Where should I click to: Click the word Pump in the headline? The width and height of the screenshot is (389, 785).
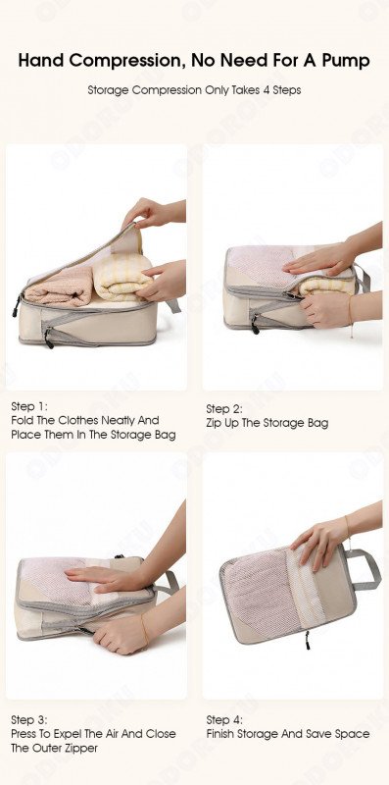tap(345, 61)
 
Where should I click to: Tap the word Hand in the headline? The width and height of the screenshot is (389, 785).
tap(41, 60)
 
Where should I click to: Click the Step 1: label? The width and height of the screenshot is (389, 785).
tap(29, 406)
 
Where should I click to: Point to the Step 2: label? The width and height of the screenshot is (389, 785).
tap(224, 409)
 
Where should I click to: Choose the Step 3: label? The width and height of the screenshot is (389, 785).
tap(29, 720)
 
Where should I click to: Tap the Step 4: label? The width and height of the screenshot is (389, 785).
tap(224, 720)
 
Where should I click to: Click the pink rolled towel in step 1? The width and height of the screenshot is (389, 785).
tap(59, 287)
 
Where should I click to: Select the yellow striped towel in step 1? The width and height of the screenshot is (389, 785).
tap(122, 278)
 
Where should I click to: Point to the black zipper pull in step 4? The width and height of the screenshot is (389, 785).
tap(307, 640)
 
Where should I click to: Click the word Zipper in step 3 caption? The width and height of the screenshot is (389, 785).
tap(82, 749)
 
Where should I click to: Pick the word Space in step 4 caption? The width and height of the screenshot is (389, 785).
tap(352, 734)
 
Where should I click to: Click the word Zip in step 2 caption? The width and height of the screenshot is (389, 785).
tap(214, 423)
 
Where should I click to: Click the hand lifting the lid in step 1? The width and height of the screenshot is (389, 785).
tap(148, 213)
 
